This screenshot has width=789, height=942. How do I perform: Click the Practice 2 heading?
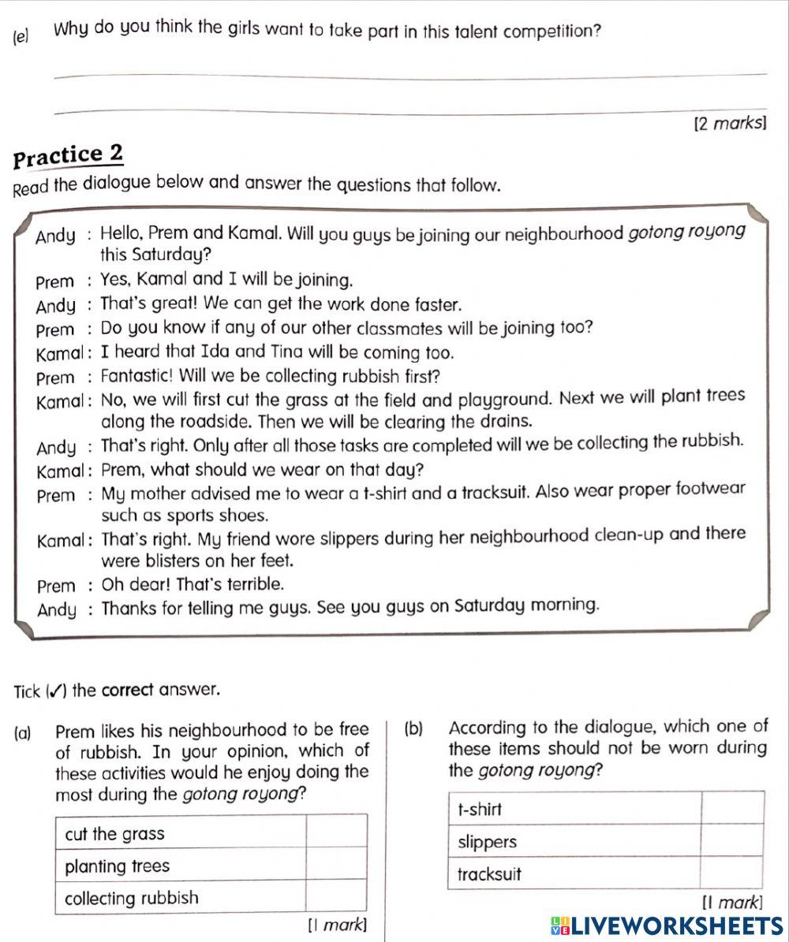(x=69, y=155)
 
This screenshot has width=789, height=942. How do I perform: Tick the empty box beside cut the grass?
(x=336, y=833)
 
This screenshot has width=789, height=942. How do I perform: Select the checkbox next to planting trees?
(x=336, y=866)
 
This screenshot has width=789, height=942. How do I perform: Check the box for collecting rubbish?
(x=336, y=898)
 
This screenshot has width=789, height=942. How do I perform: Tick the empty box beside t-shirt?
(x=732, y=809)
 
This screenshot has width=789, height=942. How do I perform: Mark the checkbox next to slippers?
(x=732, y=841)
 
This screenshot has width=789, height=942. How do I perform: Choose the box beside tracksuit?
(x=732, y=873)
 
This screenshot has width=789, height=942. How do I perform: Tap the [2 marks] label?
(x=729, y=123)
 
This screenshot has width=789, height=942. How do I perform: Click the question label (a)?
(x=24, y=730)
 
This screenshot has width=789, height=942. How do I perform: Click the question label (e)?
(x=21, y=35)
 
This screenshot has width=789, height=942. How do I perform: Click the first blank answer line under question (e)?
(x=410, y=76)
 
